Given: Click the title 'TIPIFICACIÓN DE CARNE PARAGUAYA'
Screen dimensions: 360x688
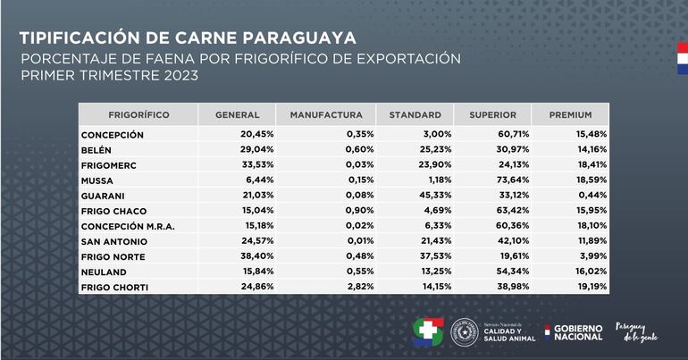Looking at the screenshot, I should coord(188,38).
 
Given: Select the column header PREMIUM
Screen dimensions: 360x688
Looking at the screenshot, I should coord(570,115).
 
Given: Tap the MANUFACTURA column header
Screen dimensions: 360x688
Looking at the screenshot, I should coord(325,115).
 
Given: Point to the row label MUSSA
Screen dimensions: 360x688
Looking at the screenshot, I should coord(98,180).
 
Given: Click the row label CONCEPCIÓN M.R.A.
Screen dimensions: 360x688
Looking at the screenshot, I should coord(128,227).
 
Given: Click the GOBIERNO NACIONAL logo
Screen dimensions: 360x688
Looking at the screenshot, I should coord(574,332).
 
